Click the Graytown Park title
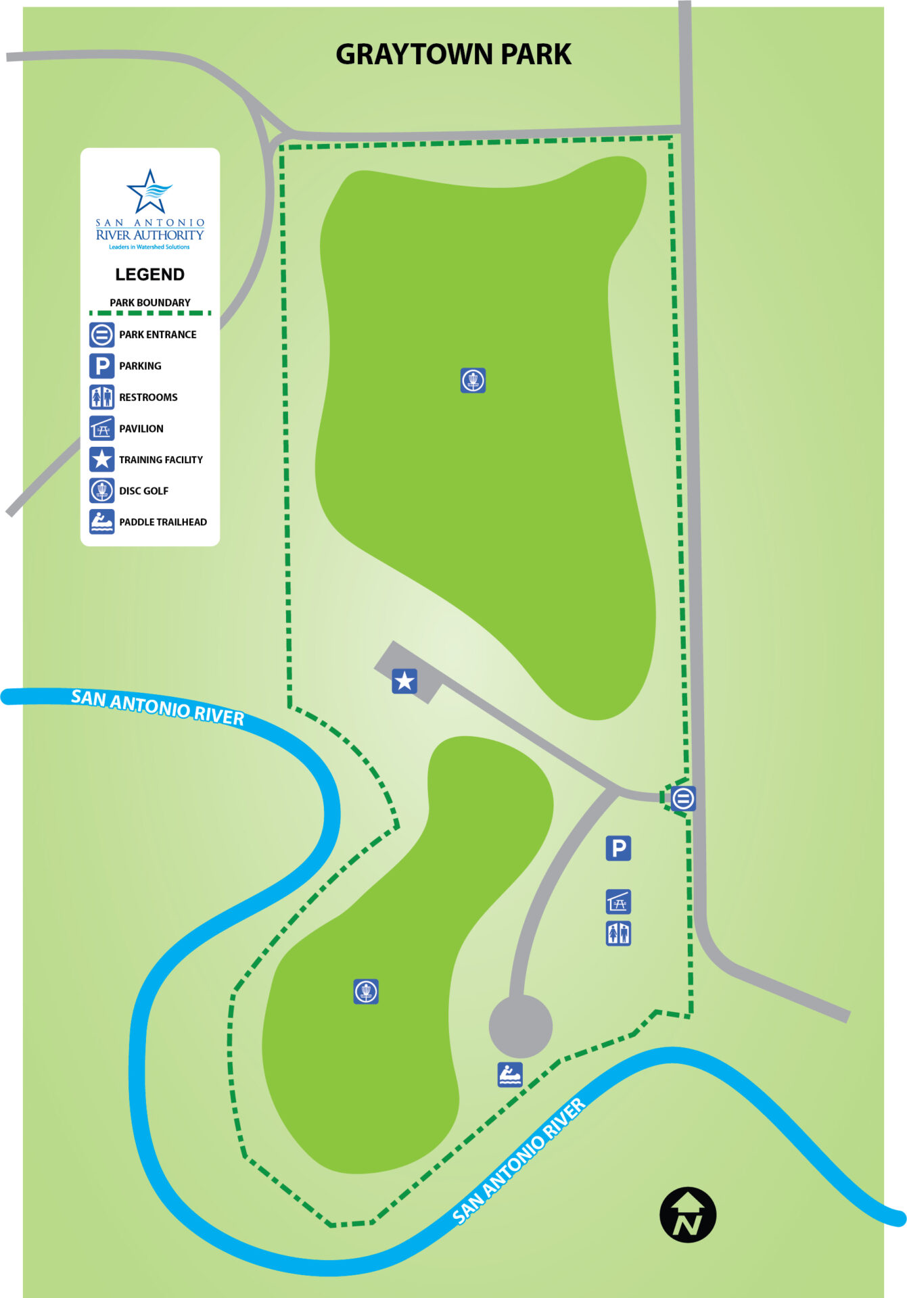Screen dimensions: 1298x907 453,55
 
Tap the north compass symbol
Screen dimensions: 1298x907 687,1215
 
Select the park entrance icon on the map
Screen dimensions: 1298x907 683,798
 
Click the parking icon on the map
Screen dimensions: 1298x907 618,848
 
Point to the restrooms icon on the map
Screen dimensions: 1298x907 618,934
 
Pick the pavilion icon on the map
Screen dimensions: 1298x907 618,901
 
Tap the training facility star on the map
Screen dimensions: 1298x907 404,681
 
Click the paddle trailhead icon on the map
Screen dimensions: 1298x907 510,1074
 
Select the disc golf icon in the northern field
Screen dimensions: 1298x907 473,381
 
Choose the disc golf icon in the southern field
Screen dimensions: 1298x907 366,992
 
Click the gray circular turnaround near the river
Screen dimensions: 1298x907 520,1026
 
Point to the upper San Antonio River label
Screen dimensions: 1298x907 158,707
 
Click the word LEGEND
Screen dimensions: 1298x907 149,274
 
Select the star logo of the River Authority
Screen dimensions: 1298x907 149,191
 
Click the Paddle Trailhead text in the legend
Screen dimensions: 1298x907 163,522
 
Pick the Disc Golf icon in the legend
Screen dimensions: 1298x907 101,491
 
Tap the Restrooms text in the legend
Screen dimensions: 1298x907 148,398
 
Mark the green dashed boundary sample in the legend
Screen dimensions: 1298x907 149,313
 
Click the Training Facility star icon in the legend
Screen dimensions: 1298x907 101,460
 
